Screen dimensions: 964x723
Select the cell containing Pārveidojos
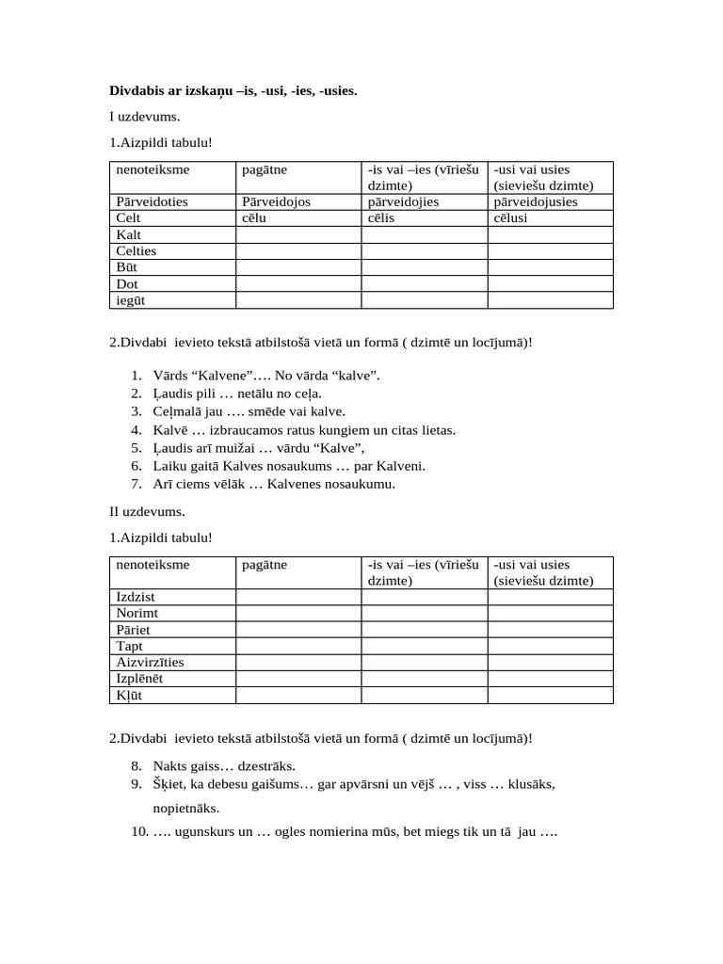point(276,201)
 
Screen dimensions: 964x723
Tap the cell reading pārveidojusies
point(536,201)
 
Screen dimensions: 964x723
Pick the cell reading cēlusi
point(513,217)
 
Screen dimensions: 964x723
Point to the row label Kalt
point(129,234)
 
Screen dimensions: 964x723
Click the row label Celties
point(137,250)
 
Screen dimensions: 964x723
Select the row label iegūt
point(131,300)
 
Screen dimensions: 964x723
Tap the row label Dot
point(127,283)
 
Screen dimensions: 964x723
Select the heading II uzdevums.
point(147,512)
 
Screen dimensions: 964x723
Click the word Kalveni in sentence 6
point(402,466)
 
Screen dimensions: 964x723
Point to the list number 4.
point(137,430)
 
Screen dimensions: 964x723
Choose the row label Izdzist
point(136,597)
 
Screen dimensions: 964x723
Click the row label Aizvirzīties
point(150,662)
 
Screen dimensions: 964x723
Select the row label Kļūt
point(129,696)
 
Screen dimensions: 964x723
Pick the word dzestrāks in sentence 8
point(281,766)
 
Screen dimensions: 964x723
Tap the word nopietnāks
point(187,809)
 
